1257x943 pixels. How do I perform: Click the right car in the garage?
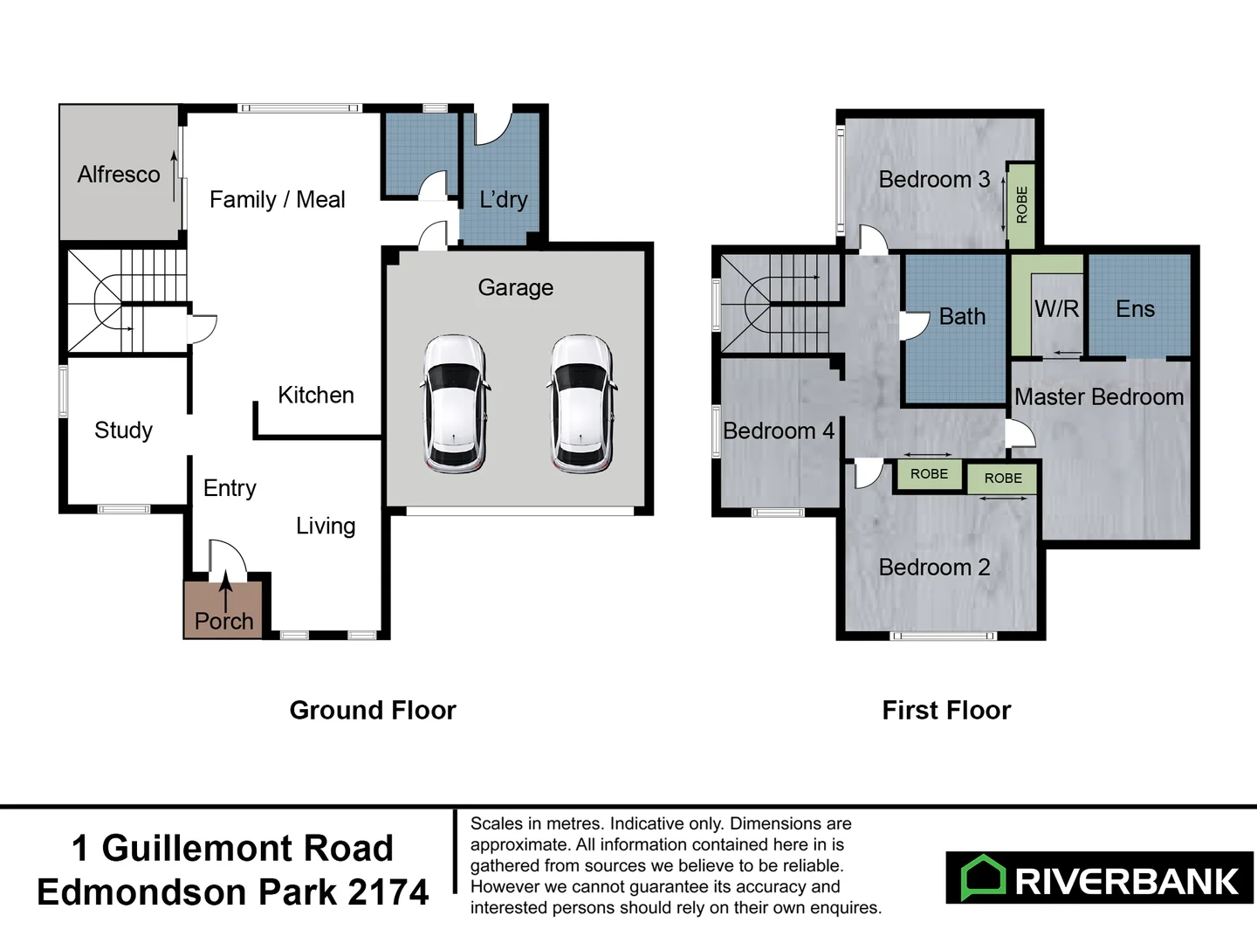581,404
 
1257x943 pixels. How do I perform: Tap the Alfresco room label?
119,175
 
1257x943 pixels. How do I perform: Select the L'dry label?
504,200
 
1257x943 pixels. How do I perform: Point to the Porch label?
224,621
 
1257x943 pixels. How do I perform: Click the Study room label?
123,430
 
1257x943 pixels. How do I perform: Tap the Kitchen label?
316,396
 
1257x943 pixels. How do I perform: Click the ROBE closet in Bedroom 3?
1021,205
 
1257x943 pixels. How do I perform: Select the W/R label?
1056,309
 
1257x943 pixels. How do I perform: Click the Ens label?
1135,309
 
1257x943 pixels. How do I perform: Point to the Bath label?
962,317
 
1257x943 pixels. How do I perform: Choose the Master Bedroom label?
1099,397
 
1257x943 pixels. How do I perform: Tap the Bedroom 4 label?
779,431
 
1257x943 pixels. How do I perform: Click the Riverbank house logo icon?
984,878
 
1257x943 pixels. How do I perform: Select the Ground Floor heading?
373,711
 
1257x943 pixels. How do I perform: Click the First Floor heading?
946,711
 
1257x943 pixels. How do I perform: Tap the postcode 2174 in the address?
388,892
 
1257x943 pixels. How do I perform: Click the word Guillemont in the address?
247,849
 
